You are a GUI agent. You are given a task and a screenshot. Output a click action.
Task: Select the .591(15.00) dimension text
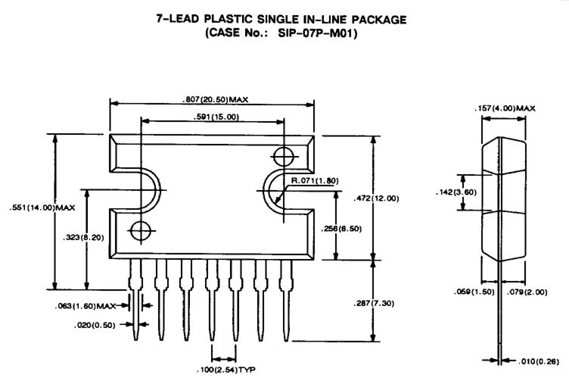point(212,117)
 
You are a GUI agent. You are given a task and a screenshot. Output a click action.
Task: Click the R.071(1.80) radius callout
point(313,181)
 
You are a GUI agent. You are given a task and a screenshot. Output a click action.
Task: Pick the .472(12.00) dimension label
point(397,199)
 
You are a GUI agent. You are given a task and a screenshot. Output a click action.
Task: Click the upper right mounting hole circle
point(283,157)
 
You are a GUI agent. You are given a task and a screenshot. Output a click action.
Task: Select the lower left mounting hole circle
point(140,229)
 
